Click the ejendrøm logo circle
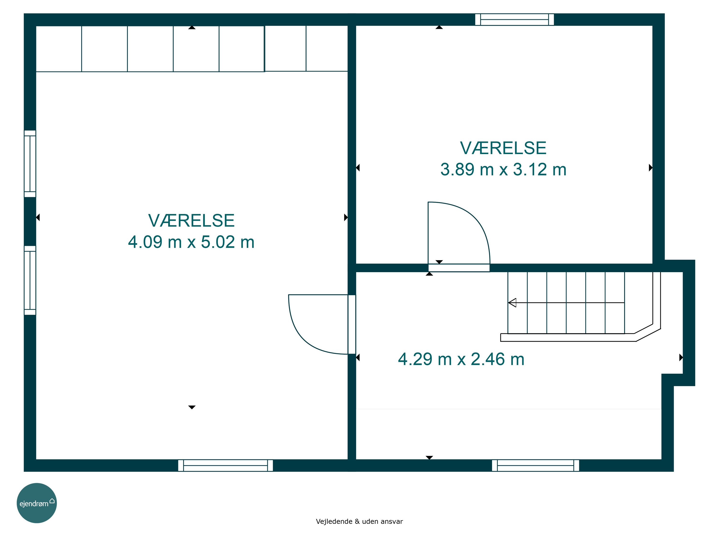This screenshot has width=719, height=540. [x=37, y=503]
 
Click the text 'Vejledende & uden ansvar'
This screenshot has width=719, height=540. [x=359, y=522]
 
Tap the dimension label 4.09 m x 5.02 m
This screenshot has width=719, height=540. [x=191, y=242]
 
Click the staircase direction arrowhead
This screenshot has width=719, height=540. [x=512, y=303]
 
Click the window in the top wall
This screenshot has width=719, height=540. [x=515, y=19]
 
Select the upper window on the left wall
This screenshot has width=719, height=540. [x=30, y=164]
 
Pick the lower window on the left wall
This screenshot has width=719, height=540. [x=30, y=280]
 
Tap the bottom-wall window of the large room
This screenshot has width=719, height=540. [x=226, y=465]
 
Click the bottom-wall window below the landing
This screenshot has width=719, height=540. [x=536, y=465]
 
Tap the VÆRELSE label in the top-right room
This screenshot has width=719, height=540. [x=503, y=148]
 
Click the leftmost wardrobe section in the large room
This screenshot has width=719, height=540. [x=58, y=48]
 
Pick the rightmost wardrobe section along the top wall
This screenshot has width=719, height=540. [x=327, y=48]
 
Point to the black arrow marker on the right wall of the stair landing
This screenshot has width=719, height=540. [x=681, y=357]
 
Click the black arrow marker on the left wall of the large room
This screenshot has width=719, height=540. [x=38, y=217]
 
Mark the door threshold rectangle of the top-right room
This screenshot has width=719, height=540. [x=459, y=268]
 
